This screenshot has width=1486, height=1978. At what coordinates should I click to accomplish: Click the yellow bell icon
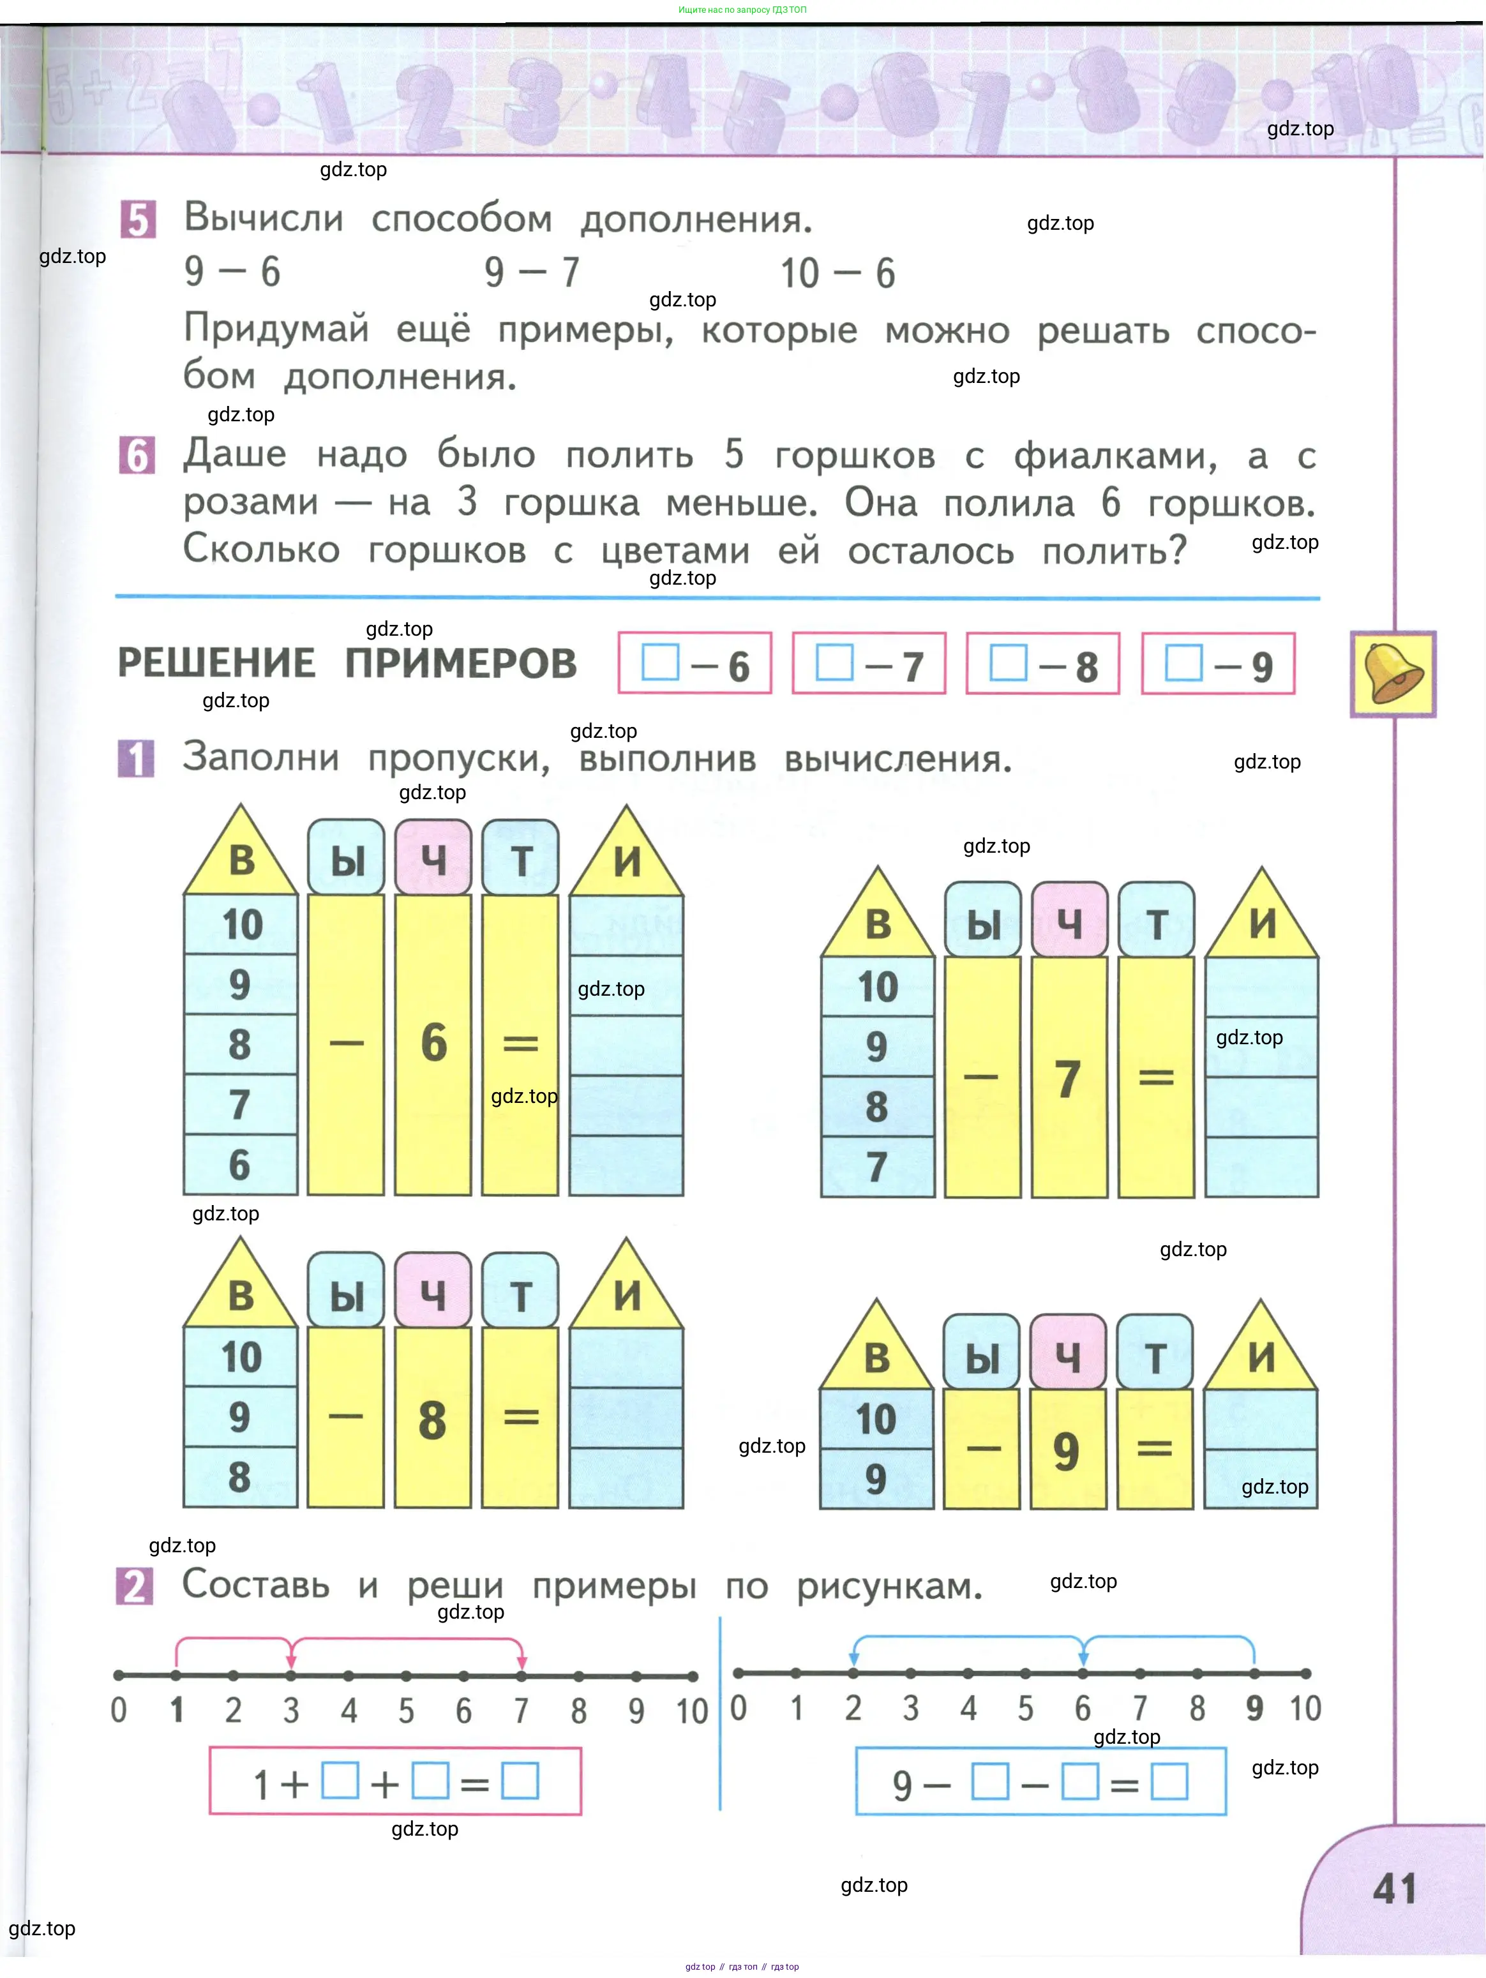click(1392, 673)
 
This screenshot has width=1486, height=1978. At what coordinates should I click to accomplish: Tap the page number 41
click(1395, 1889)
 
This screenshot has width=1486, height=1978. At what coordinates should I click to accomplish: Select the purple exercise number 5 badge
click(138, 219)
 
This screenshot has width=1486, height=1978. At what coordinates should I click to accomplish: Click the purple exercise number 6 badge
click(137, 455)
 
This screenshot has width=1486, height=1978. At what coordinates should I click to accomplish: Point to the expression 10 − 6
click(837, 273)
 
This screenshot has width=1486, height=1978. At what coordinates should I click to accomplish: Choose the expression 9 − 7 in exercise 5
click(532, 272)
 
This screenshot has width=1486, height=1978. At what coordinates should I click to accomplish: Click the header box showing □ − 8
click(1042, 664)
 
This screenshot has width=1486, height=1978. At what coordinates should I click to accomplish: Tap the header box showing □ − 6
click(694, 664)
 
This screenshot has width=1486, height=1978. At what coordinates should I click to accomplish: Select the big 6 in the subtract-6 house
click(433, 1043)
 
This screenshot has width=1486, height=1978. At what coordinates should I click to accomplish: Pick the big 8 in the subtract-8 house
click(432, 1420)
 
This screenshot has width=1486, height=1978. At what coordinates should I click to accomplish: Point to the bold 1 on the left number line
click(176, 1711)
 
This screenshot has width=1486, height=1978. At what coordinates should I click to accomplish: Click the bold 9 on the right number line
click(1254, 1709)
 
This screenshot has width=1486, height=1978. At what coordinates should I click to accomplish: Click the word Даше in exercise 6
click(235, 454)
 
